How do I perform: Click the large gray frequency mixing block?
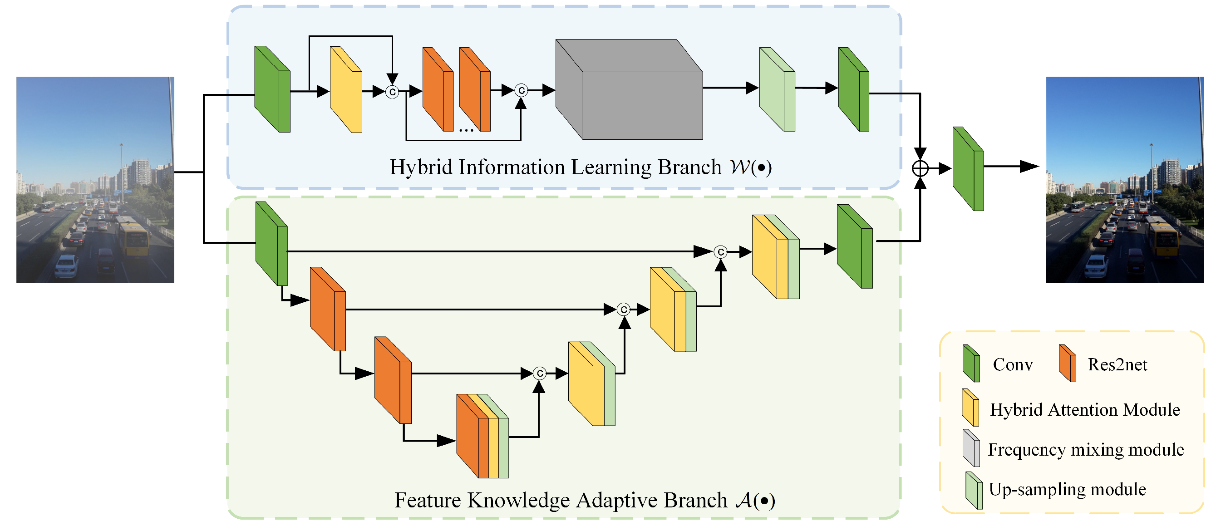pyautogui.click(x=629, y=89)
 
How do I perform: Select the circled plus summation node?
pyautogui.click(x=920, y=168)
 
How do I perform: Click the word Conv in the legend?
pyautogui.click(x=1013, y=364)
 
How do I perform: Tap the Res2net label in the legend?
pyautogui.click(x=1118, y=364)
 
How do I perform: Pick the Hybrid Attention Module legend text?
pyautogui.click(x=1085, y=409)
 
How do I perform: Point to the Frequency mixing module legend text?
pyautogui.click(x=1086, y=449)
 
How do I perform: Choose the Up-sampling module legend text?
pyautogui.click(x=1067, y=489)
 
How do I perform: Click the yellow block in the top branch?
pyautogui.click(x=346, y=90)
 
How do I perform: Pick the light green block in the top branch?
pyautogui.click(x=777, y=89)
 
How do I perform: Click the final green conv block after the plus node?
pyautogui.click(x=968, y=168)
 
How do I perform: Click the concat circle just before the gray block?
pyautogui.click(x=521, y=90)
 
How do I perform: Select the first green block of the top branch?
pyautogui.click(x=272, y=89)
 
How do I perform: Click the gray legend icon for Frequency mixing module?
pyautogui.click(x=971, y=448)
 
